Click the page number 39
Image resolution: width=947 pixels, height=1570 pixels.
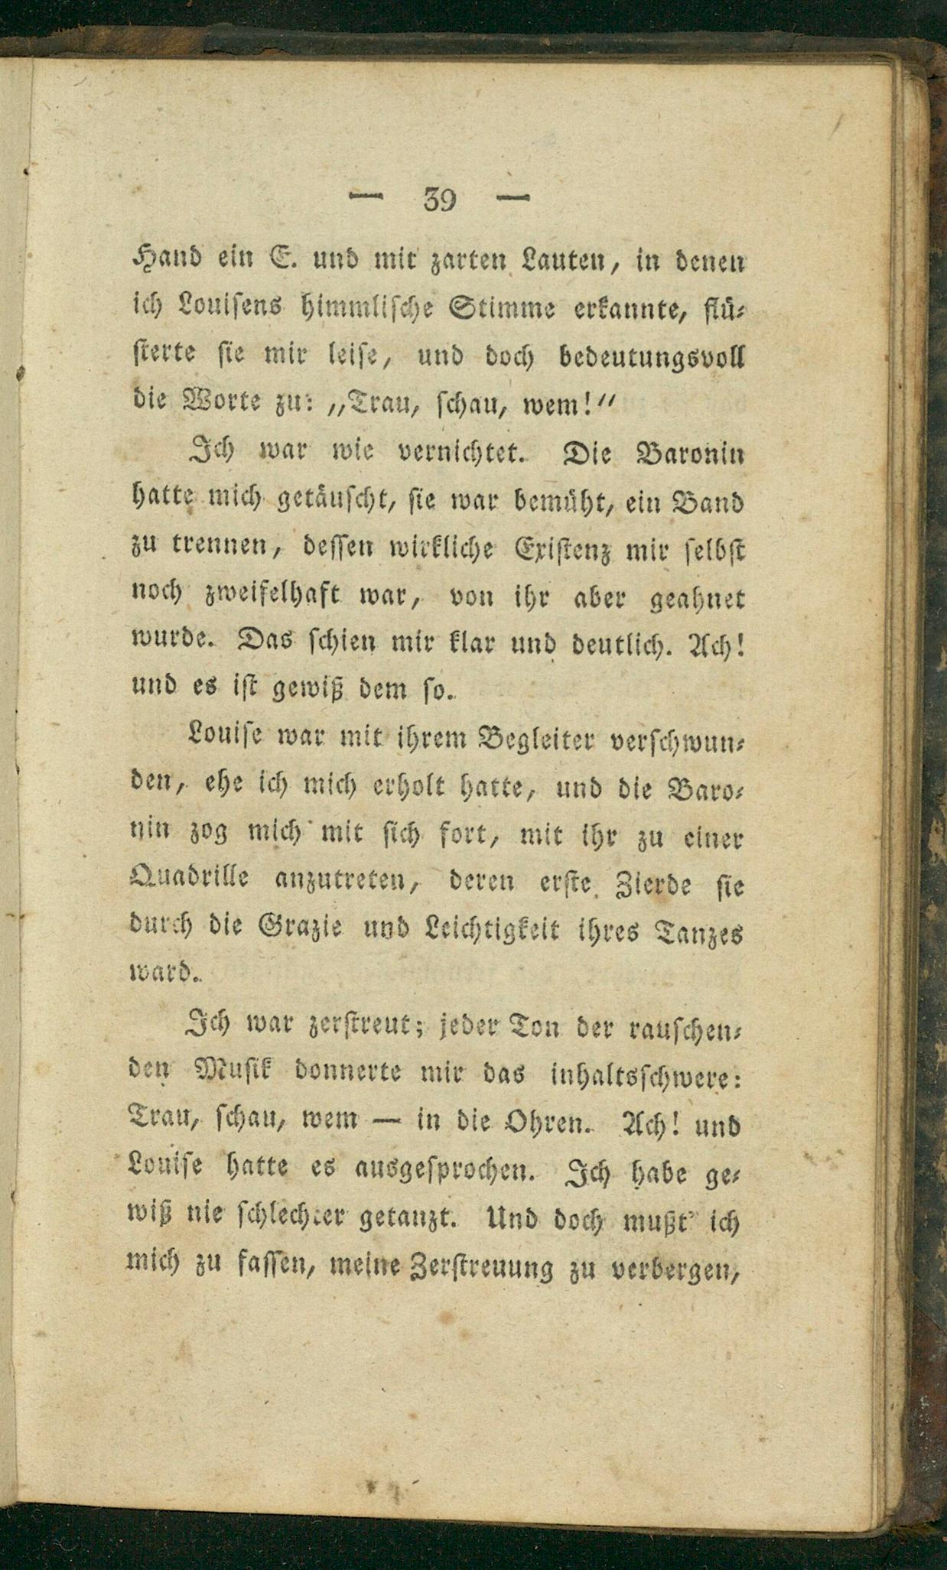point(439,200)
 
